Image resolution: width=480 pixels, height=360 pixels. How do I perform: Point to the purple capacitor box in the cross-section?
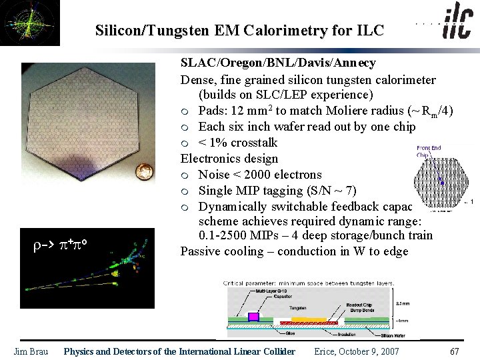coord(253,316)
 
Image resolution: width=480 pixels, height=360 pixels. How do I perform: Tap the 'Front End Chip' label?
coord(428,151)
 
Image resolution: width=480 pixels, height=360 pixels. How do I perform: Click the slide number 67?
coord(455,351)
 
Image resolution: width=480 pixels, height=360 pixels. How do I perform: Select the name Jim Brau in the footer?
coord(31,351)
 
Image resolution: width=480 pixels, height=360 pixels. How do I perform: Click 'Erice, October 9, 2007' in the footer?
coord(357,351)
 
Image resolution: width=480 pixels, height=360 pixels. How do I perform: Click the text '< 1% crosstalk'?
coord(237,143)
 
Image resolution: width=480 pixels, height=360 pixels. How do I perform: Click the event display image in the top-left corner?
coord(30,23)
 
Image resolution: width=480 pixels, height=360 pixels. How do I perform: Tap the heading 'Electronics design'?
coord(229,159)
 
